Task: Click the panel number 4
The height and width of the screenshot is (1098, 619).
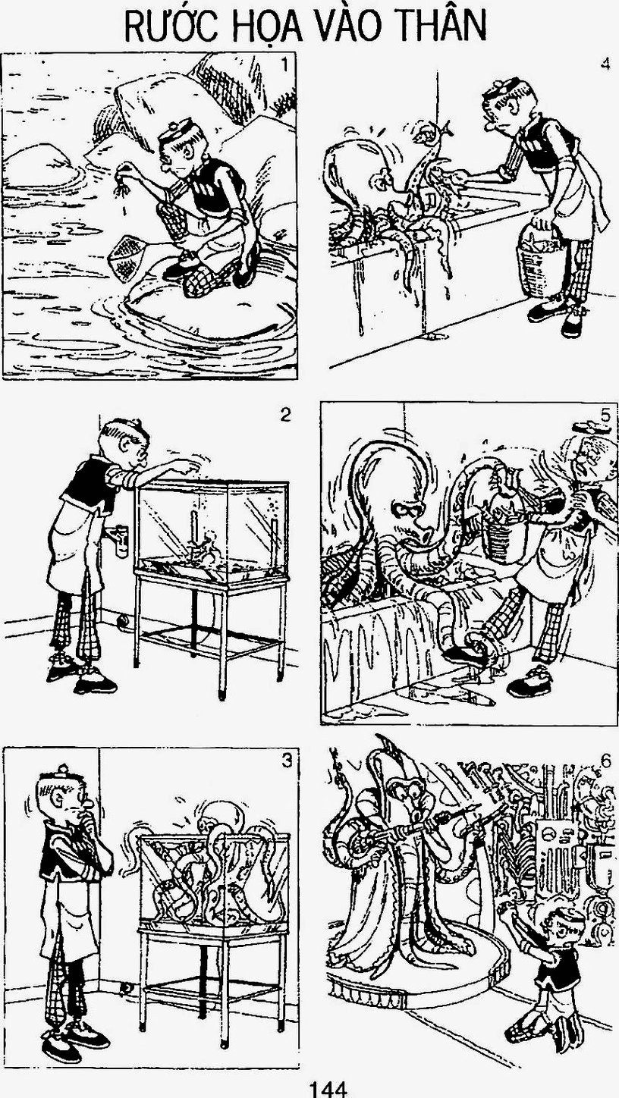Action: (605, 64)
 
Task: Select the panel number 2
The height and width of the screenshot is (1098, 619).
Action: (284, 416)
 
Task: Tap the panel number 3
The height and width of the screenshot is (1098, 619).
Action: (287, 760)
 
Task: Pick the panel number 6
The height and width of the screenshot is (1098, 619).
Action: (605, 761)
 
